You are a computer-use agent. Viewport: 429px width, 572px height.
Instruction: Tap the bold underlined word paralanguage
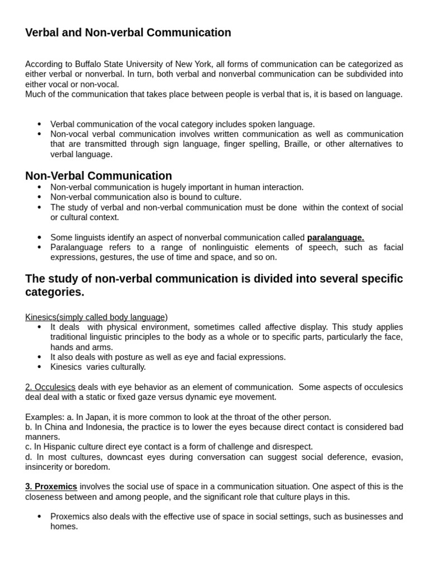[335, 237]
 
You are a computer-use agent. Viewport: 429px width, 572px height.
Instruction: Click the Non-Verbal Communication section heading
[98, 176]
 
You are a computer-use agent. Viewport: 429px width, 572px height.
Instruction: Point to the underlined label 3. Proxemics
[51, 487]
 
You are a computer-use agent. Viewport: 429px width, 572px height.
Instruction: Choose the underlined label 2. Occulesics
[50, 387]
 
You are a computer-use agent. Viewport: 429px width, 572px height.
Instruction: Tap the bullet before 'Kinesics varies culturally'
[39, 367]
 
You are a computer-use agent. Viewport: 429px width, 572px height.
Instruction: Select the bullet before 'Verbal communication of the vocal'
[39, 124]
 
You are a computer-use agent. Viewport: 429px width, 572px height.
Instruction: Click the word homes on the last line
[64, 526]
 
